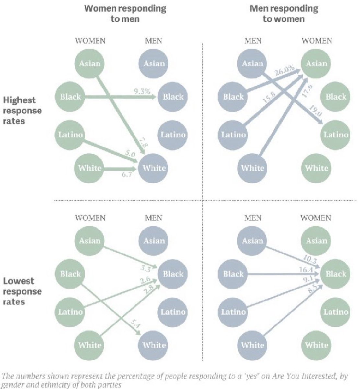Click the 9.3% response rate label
click(x=142, y=91)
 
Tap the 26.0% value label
click(x=285, y=71)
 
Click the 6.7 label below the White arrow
click(x=127, y=174)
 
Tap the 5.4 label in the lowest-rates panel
click(x=135, y=325)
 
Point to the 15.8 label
click(x=269, y=98)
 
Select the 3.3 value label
click(x=146, y=269)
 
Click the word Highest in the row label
click(x=19, y=100)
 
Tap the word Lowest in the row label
click(x=18, y=281)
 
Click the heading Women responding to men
click(x=125, y=14)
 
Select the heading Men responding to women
click(x=284, y=14)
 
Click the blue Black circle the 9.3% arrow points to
click(x=173, y=97)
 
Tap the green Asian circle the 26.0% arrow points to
click(x=316, y=64)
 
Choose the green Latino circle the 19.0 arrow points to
click(x=335, y=135)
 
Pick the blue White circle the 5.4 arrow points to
click(x=153, y=345)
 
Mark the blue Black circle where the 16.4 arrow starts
click(x=232, y=274)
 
